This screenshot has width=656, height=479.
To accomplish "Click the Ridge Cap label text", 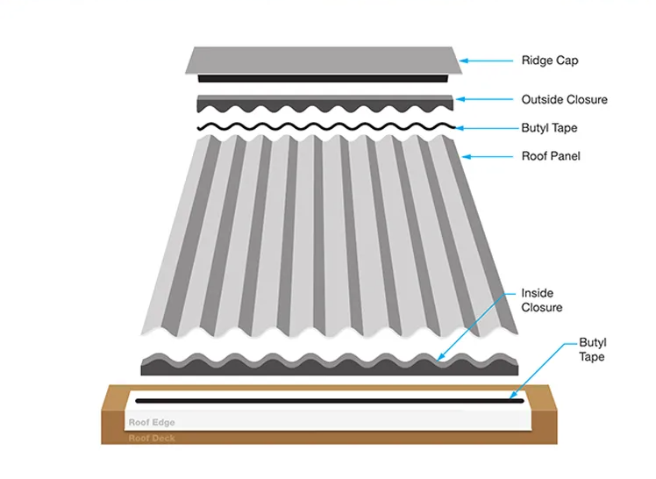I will coord(549,61).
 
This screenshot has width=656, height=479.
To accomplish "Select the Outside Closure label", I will coord(564,99).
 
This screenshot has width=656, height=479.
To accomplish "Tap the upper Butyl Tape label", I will coord(549,128).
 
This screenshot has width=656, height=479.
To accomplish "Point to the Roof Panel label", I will coord(550,156).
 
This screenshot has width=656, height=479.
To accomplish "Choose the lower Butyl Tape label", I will coord(592,349).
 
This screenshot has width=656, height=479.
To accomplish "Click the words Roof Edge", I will coord(152,422).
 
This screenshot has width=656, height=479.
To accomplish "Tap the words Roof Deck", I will coord(151,437).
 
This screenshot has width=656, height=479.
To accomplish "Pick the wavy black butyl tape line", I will coord(324,127).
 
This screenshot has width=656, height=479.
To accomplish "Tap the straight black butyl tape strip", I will coord(324,401).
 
